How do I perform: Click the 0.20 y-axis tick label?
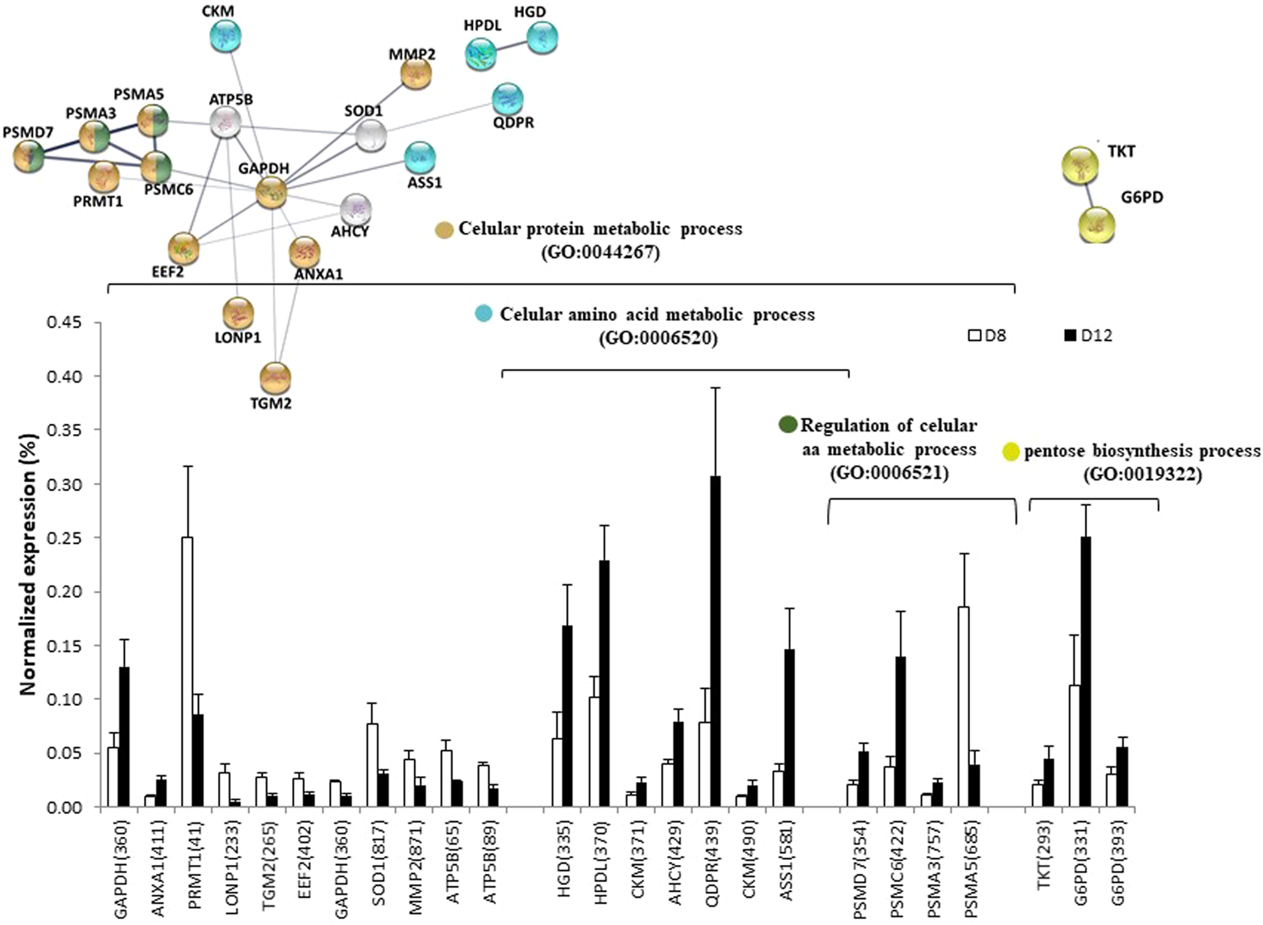(x=63, y=592)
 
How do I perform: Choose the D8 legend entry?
(x=988, y=336)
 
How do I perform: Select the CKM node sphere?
(x=225, y=36)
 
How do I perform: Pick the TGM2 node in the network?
(x=275, y=377)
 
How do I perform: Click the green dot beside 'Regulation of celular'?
(x=787, y=425)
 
